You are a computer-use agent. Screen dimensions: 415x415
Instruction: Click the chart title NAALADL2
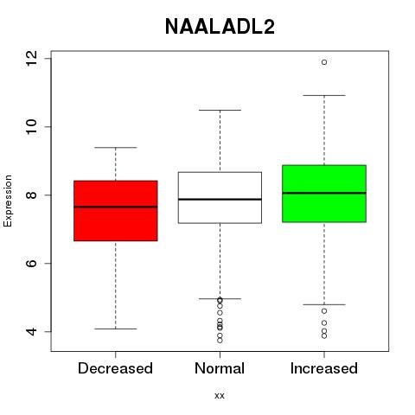click(x=220, y=27)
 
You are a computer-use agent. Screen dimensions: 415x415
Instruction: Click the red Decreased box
click(x=116, y=211)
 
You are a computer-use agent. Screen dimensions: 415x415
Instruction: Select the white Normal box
click(x=220, y=198)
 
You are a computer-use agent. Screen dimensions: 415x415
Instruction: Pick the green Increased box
click(x=324, y=194)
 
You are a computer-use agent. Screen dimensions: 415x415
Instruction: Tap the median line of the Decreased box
click(x=116, y=207)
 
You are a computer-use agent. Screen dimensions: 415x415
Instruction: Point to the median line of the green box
click(x=324, y=193)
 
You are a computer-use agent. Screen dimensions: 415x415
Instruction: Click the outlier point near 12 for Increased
click(x=324, y=62)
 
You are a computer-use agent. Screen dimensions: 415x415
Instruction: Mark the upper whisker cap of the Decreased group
click(x=116, y=148)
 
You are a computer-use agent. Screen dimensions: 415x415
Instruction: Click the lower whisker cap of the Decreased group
click(x=116, y=329)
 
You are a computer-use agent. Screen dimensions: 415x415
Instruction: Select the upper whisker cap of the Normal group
click(x=220, y=110)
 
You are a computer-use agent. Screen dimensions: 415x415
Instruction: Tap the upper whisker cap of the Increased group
click(x=324, y=95)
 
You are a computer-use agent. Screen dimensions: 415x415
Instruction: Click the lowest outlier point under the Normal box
click(x=220, y=341)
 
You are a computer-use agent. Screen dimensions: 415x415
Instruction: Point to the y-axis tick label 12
click(x=31, y=59)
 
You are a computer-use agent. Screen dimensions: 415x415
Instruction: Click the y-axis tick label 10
click(x=31, y=126)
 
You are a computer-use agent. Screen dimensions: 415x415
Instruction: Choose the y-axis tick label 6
click(x=31, y=263)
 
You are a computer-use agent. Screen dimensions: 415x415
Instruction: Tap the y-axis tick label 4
click(x=31, y=331)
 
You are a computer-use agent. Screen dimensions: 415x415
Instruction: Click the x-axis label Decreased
click(x=115, y=368)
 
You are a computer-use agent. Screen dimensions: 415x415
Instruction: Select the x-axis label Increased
click(x=324, y=368)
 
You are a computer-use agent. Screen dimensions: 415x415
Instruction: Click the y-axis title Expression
click(x=8, y=201)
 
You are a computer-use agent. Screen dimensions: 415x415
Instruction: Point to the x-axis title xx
click(x=220, y=396)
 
